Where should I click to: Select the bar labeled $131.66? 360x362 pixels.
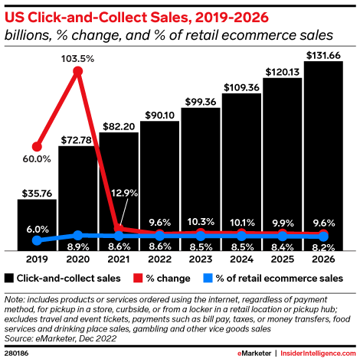click(x=322, y=153)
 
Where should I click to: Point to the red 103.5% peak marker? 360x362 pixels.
click(x=77, y=72)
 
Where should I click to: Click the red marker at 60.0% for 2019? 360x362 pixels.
click(x=37, y=145)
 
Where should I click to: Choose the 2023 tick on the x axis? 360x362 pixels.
click(x=200, y=259)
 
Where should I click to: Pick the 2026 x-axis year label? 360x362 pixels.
click(x=322, y=259)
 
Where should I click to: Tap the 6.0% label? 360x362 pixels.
click(x=37, y=229)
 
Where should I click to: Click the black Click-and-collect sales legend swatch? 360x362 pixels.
click(x=10, y=278)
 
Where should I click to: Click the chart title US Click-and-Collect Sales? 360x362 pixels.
click(x=115, y=16)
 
